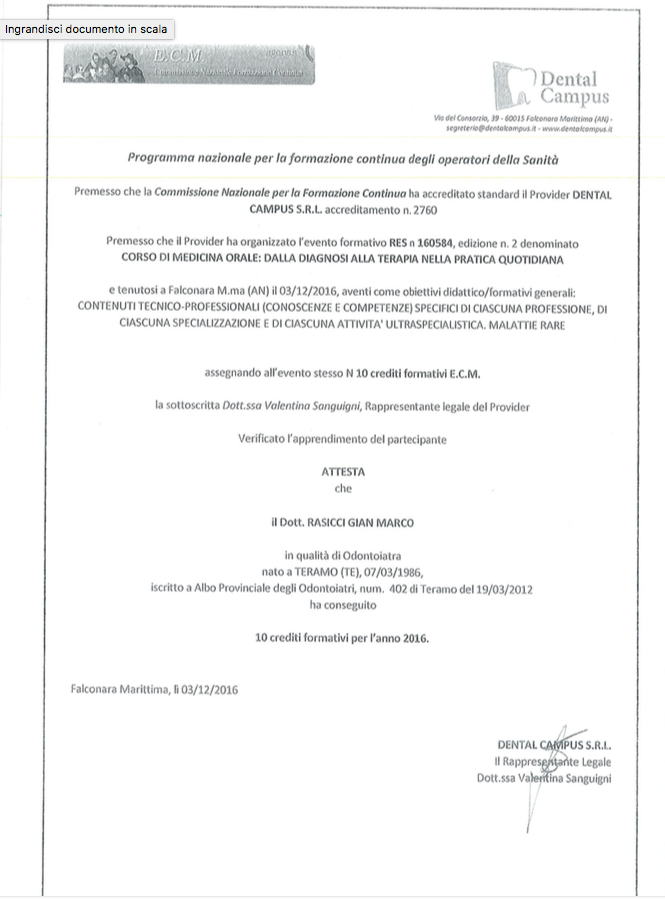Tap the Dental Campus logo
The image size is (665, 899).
tap(551, 86)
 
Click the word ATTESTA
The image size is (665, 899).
tap(343, 471)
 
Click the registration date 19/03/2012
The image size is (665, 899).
tap(502, 589)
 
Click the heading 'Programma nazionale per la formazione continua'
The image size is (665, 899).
tap(343, 157)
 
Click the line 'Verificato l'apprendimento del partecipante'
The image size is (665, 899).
tap(342, 438)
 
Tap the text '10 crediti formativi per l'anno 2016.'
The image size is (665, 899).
tap(342, 636)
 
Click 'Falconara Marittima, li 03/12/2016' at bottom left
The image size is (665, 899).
tap(155, 689)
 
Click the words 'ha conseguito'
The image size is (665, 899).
tap(343, 605)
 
